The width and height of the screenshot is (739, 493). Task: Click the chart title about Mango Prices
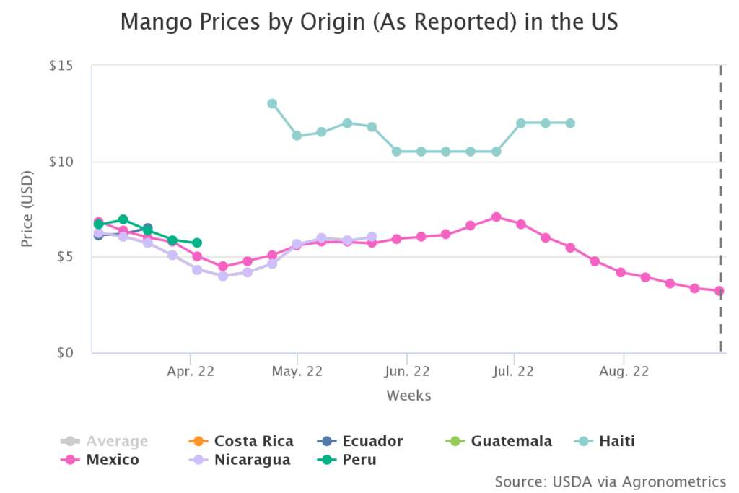coord(369,22)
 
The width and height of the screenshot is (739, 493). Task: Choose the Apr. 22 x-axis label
coord(190,372)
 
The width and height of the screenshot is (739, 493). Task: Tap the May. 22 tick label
coord(297,372)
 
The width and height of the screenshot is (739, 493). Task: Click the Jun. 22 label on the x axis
coord(407,372)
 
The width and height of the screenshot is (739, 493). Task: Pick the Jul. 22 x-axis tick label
coord(514,372)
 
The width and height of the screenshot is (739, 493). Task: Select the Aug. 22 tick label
coord(624,372)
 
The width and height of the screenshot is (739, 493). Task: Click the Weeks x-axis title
coord(408,395)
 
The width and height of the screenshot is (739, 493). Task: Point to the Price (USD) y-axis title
coord(27,209)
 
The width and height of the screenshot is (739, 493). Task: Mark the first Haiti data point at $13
coord(272,103)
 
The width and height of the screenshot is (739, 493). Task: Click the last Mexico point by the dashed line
coord(719,291)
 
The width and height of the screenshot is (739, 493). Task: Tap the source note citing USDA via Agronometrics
coord(610,481)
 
